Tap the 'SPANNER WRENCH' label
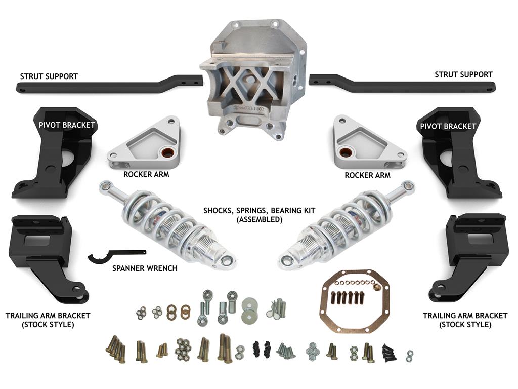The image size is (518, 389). point(145,268)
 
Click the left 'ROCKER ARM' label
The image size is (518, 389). point(146,174)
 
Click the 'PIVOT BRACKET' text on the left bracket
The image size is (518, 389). point(67,125)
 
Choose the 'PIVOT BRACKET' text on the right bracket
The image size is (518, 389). point(448,126)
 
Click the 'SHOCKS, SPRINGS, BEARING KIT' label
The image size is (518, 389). point(260,210)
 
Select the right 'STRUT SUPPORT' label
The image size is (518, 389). point(463,75)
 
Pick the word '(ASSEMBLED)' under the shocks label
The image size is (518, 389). point(260,220)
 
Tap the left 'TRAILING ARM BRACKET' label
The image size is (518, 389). point(48,316)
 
